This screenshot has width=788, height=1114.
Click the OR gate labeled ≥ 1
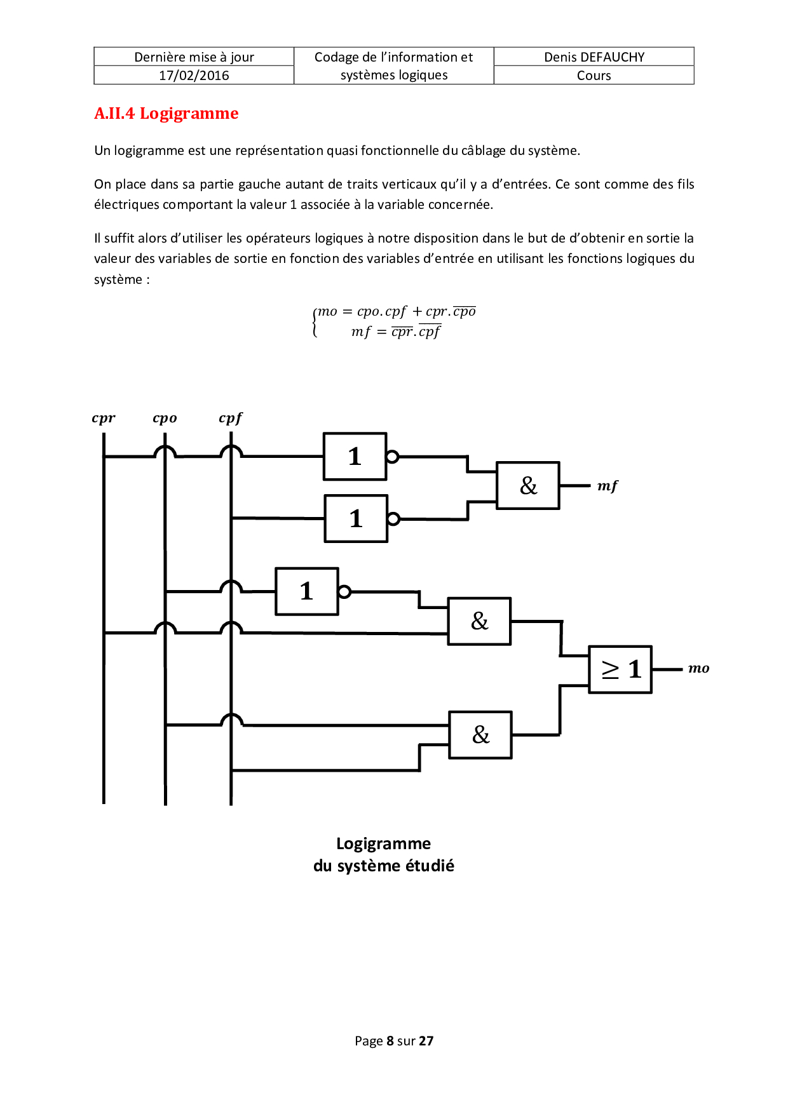click(x=620, y=669)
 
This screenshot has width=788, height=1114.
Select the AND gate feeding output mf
click(x=527, y=486)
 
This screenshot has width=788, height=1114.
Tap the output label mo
click(x=698, y=668)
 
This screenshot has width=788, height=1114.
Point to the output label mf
click(x=607, y=486)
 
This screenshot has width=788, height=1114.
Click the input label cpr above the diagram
click(x=104, y=418)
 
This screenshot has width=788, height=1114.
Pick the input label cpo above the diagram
click(x=165, y=418)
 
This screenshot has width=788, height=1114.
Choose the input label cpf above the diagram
click(x=230, y=418)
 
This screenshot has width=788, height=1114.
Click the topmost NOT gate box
click(x=355, y=456)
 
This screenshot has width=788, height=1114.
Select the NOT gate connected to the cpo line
click(x=306, y=591)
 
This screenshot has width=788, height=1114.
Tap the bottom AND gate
click(x=480, y=735)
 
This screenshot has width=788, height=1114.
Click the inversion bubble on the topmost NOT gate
click(x=392, y=456)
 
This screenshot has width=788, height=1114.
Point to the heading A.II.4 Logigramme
click(x=166, y=114)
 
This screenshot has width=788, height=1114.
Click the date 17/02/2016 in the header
click(x=194, y=76)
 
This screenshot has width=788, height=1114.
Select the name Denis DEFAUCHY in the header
click(x=594, y=57)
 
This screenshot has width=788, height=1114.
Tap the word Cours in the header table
click(x=594, y=76)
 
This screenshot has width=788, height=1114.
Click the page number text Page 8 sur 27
click(x=394, y=1040)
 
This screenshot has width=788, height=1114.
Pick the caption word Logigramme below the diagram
click(x=383, y=843)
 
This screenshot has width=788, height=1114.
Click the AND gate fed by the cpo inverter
click(x=479, y=621)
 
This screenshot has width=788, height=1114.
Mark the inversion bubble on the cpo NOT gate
click(x=344, y=592)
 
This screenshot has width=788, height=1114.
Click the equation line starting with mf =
click(x=395, y=332)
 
